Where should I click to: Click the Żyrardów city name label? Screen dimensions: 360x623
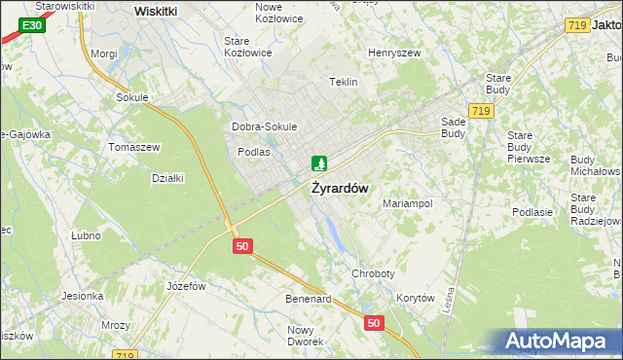340,189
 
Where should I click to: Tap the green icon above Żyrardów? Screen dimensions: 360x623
318,163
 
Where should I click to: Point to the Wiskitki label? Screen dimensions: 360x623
156,11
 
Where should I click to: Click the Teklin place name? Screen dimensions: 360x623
344,83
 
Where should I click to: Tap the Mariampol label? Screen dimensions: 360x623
408,204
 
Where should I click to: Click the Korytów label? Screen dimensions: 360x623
416,299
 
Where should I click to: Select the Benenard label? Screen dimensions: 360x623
308,299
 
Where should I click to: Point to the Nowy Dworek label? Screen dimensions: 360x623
305,336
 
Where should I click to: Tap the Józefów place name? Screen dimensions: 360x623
187,286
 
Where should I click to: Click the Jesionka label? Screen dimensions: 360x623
83,296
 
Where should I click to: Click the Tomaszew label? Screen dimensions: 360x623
134,147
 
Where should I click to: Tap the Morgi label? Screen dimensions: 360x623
104,54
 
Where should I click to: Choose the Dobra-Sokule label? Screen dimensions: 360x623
264,126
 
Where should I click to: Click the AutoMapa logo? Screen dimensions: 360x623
557,342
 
